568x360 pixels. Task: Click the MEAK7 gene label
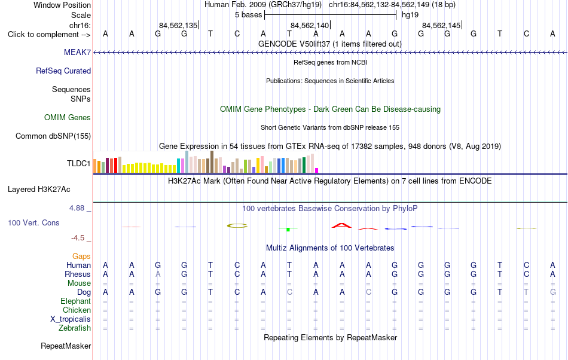click(77, 52)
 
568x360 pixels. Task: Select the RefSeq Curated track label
click(63, 71)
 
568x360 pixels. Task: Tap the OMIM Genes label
click(68, 117)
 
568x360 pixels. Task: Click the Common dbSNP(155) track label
click(53, 136)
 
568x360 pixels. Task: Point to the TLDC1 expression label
click(78, 163)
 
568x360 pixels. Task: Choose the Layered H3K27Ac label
click(39, 189)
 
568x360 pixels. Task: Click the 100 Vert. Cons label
click(33, 222)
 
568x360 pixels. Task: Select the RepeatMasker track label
click(66, 346)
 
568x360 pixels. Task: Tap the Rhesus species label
click(78, 274)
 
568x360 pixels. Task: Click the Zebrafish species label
click(75, 328)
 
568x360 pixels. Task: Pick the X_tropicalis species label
click(71, 319)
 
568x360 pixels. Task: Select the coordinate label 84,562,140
click(310, 25)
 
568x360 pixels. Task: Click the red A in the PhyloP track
click(341, 225)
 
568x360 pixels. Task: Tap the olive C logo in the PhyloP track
click(237, 225)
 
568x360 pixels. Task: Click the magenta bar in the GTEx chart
click(317, 170)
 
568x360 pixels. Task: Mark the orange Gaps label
click(81, 257)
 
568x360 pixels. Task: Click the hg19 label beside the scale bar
click(410, 15)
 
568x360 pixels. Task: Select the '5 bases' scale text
click(248, 15)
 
